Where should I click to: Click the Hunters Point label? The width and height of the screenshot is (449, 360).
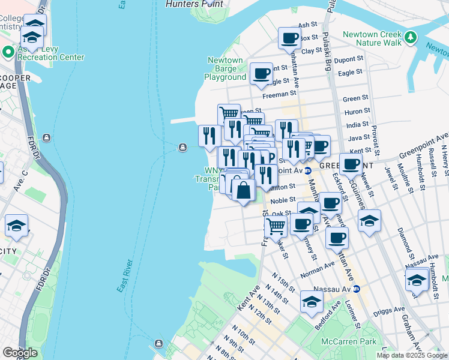point(194,4)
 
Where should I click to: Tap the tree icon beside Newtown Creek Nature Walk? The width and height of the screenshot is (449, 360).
point(411,38)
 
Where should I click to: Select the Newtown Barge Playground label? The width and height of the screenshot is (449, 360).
point(225,68)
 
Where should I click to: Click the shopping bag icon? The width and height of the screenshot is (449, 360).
point(244,191)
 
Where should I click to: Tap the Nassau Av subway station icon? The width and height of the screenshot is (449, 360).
point(357,289)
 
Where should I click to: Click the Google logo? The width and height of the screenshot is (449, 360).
point(20,353)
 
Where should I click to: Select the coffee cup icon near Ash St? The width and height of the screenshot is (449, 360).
point(289,38)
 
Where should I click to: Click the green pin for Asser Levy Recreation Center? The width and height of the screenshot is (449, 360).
point(8,52)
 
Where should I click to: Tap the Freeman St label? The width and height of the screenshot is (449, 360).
point(279,94)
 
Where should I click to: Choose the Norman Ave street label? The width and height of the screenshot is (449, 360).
point(321,265)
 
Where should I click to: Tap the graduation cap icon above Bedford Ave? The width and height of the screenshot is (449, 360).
point(312,302)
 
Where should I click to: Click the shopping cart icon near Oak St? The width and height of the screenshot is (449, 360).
point(276,227)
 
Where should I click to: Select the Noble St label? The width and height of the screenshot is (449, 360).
point(283,200)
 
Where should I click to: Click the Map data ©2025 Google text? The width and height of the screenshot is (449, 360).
point(412,355)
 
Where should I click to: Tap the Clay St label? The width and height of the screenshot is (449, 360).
point(312,51)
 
